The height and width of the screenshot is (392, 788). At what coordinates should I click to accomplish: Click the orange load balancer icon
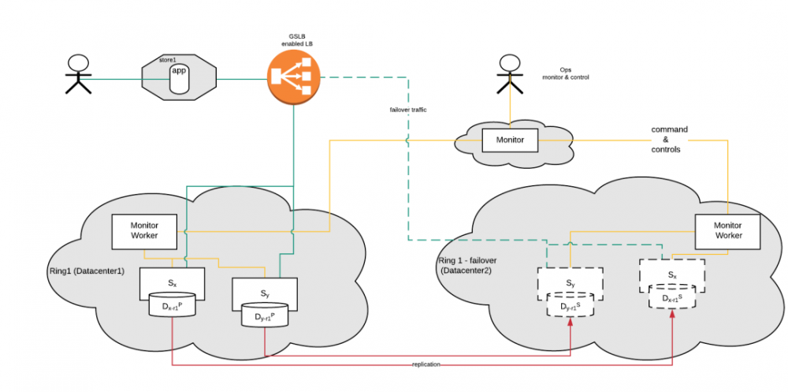(293, 77)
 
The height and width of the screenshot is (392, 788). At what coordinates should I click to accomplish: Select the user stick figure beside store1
(76, 75)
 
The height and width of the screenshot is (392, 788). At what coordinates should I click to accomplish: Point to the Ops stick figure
(509, 76)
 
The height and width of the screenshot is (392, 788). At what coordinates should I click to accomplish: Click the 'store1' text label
(167, 60)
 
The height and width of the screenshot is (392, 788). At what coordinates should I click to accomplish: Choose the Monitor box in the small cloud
(509, 140)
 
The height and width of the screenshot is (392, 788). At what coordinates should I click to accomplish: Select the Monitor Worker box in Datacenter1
(144, 230)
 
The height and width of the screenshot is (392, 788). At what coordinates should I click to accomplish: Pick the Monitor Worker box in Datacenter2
(727, 230)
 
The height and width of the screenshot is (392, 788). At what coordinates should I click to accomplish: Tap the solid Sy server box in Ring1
(264, 293)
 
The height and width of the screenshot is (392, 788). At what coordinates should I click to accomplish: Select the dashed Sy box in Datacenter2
(570, 282)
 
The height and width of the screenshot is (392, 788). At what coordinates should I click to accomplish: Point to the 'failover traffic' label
(407, 110)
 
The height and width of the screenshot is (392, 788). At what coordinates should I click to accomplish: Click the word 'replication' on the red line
(427, 364)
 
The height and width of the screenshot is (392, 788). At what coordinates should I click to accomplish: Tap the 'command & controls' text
(669, 139)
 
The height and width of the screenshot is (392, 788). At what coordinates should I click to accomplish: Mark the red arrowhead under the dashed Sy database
(570, 324)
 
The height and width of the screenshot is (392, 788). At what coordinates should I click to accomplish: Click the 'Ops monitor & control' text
(565, 73)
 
